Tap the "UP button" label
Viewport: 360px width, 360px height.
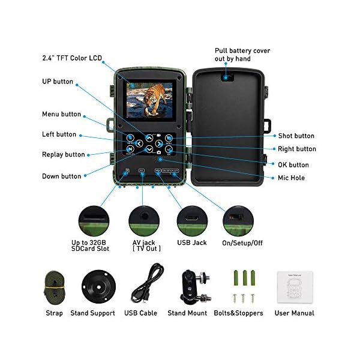[58, 82]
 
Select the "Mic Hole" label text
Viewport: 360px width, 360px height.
[291, 178]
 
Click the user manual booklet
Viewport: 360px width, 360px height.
[294, 287]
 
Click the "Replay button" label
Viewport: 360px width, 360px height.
[64, 155]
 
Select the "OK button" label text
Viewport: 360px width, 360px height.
[293, 165]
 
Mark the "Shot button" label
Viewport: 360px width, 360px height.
[296, 136]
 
